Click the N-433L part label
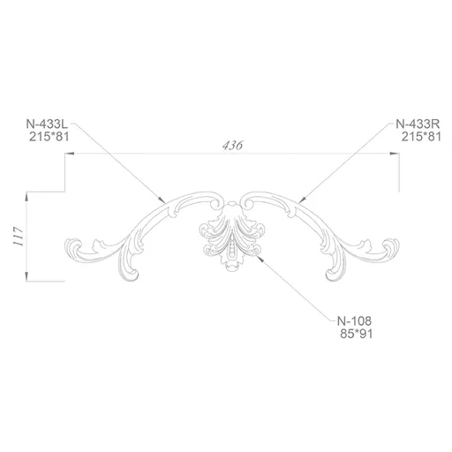click(x=47, y=124)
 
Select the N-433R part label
click(x=418, y=124)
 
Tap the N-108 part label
click(x=354, y=320)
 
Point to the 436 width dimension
click(x=232, y=146)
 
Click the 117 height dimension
click(x=19, y=237)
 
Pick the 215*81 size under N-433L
click(x=49, y=137)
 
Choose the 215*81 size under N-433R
click(x=421, y=137)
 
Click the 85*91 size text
click(x=357, y=334)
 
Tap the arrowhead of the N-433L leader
click(x=162, y=200)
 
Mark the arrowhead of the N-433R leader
click(x=302, y=200)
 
